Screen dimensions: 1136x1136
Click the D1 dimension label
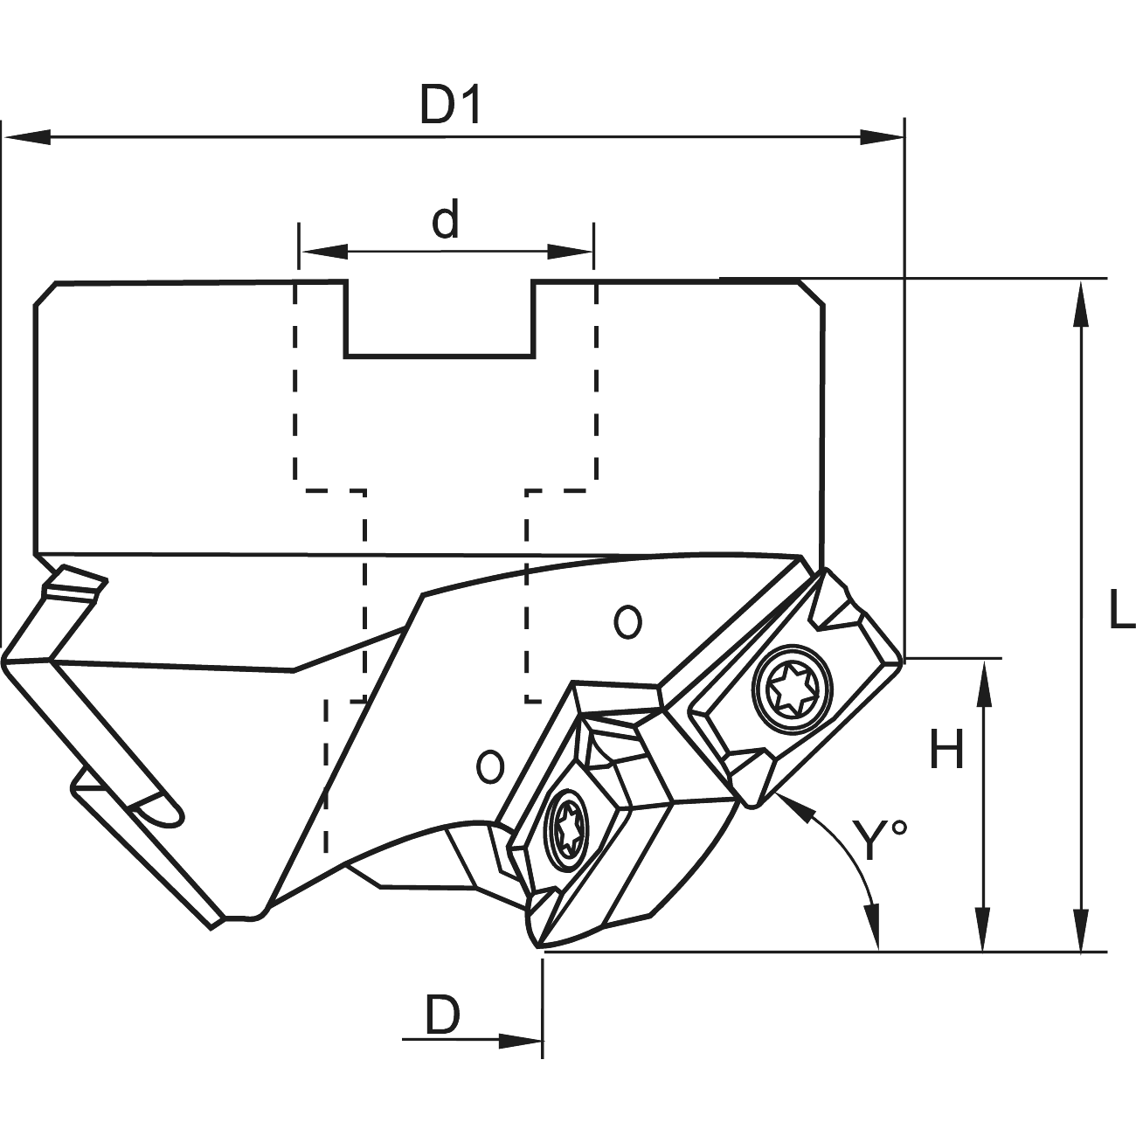click(451, 106)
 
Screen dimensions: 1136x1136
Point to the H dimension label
click(946, 750)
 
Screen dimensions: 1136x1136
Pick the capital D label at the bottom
click(443, 1015)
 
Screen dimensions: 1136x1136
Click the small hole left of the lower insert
click(491, 765)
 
